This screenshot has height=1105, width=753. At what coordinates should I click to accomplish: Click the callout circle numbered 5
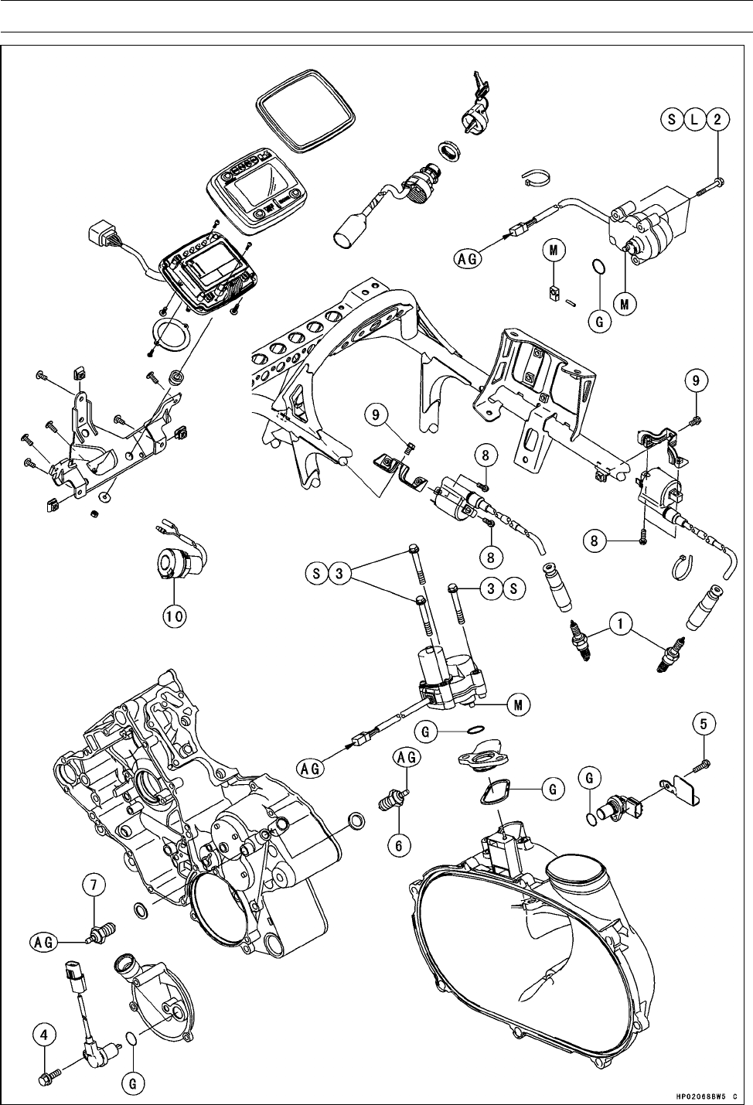pos(703,725)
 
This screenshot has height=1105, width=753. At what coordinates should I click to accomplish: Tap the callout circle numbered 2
pos(719,119)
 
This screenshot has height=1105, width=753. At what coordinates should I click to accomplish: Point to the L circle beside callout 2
pos(695,119)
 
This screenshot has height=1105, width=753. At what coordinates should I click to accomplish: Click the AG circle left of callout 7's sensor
pos(44,941)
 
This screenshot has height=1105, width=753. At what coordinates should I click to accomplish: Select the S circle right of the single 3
pos(513,588)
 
